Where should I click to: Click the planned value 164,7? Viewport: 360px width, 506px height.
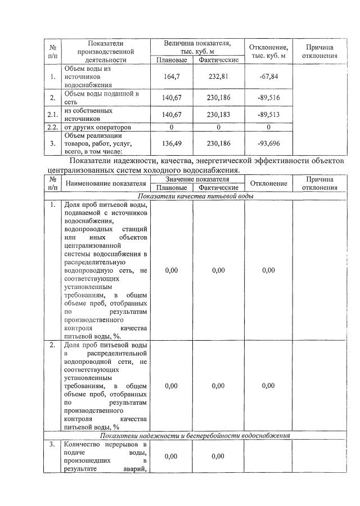tap(171, 76)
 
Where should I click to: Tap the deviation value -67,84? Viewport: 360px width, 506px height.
tap(268, 76)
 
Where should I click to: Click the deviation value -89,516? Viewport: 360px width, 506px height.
tap(268, 98)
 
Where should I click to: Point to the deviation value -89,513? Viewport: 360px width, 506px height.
tap(268, 115)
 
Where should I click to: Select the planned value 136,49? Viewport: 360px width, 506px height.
tap(171, 143)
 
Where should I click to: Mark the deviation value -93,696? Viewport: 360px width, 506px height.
tap(268, 143)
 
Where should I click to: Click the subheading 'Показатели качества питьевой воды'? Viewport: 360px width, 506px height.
tap(196, 196)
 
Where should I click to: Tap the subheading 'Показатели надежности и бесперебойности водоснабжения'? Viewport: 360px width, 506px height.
tap(195, 435)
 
